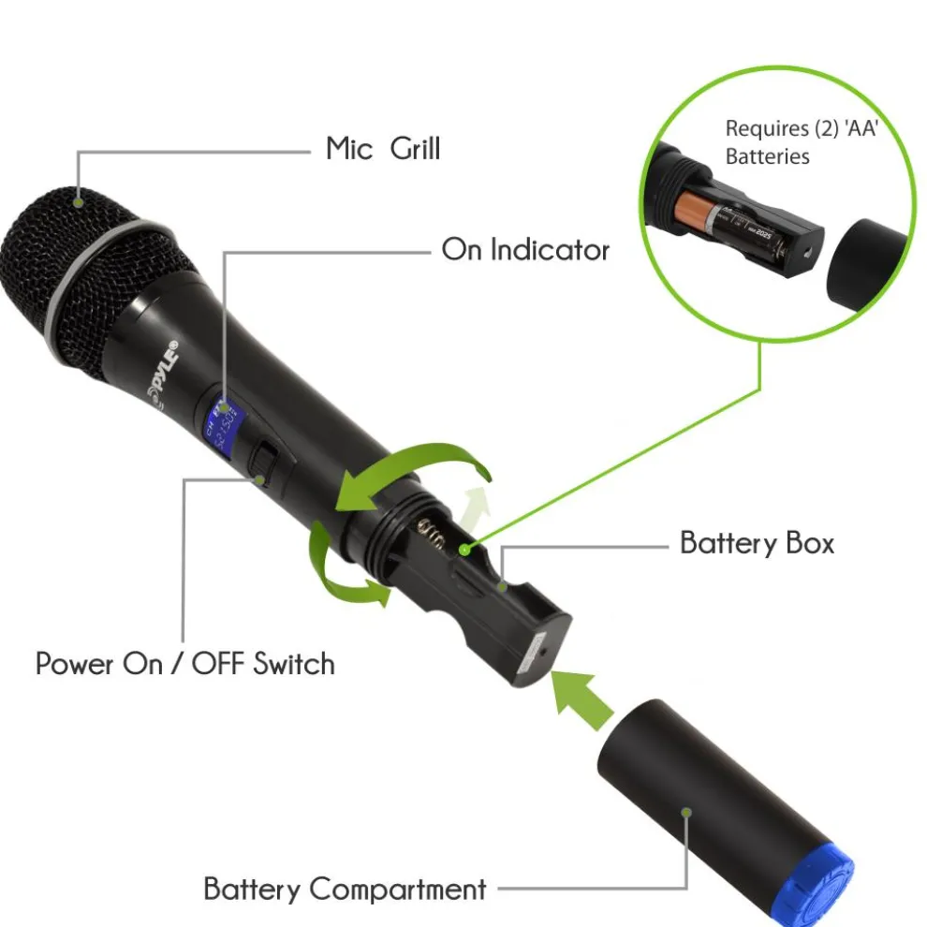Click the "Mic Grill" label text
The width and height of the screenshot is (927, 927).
coord(382,148)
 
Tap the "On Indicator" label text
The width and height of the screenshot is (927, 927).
coord(524,250)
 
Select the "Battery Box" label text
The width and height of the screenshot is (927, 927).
coord(756,543)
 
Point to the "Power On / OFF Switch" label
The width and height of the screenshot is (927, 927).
coord(184,664)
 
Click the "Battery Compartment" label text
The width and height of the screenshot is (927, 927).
coord(345,888)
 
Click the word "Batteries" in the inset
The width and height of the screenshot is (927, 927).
coord(767,156)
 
